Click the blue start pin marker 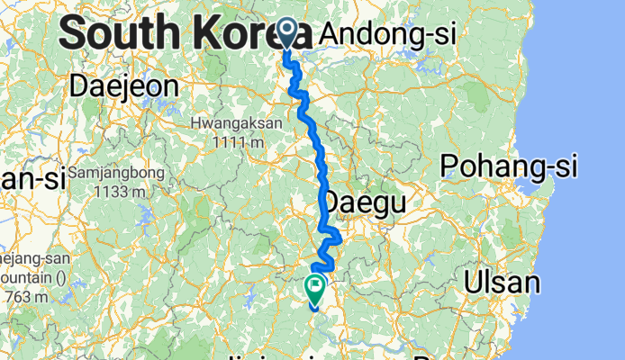287,32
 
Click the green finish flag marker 316,288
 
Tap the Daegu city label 365,201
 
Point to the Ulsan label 502,283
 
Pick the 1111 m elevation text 238,140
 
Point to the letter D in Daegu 332,201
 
